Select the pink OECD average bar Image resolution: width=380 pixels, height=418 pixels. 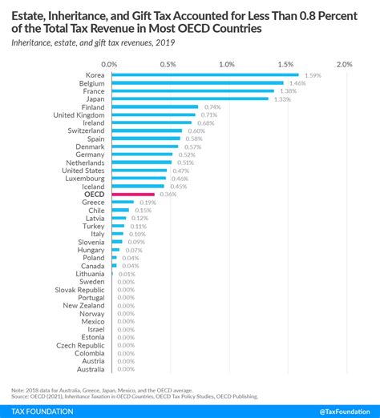[133, 194]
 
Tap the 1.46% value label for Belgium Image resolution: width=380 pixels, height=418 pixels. [297, 83]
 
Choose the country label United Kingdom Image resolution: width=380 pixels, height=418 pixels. [79, 115]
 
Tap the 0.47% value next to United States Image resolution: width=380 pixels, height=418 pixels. [180, 170]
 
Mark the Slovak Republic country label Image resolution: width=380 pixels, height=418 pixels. [79, 289]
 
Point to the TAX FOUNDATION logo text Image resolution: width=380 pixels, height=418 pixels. [41, 411]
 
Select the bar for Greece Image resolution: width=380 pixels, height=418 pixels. [123, 202]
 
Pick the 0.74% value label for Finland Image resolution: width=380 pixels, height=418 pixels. [212, 107]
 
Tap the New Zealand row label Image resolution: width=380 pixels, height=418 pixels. [83, 305]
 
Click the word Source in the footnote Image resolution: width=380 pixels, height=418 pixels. [21, 395]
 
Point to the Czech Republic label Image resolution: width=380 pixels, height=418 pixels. [79, 344]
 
